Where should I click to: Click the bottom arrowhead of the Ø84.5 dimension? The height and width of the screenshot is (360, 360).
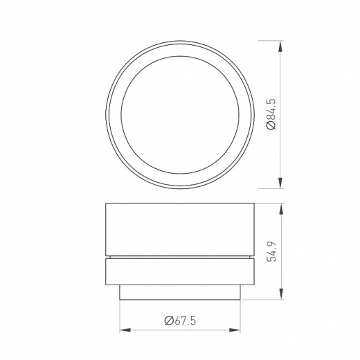[x=280, y=184]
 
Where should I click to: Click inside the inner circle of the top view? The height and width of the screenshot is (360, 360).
[x=181, y=114]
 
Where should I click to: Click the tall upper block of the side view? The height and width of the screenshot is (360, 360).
[x=181, y=228]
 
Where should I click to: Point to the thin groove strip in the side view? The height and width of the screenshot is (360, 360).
[x=181, y=257]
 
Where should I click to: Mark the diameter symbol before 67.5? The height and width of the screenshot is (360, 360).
[x=168, y=319]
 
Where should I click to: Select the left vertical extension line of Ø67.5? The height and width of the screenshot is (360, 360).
[x=120, y=315]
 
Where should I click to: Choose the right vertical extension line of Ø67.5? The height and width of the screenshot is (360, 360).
[x=244, y=315]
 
